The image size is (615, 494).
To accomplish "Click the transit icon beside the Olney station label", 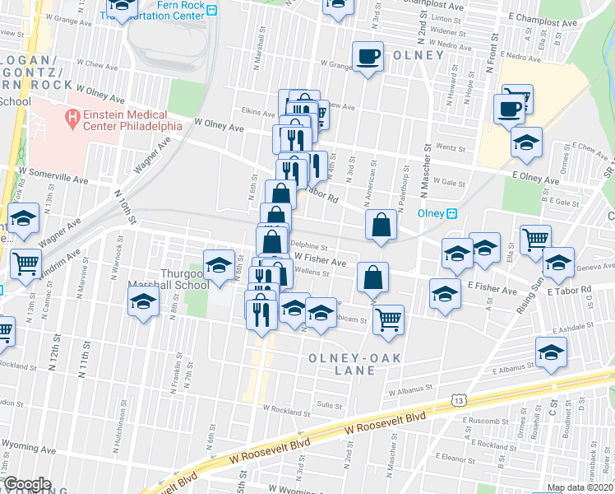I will click(451, 213).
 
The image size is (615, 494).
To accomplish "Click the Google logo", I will click(27, 483).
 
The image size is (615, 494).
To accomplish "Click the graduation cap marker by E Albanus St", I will click(550, 352).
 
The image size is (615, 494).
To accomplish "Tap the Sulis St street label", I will click(329, 404).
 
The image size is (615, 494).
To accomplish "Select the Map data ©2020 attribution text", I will click(580, 487).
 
